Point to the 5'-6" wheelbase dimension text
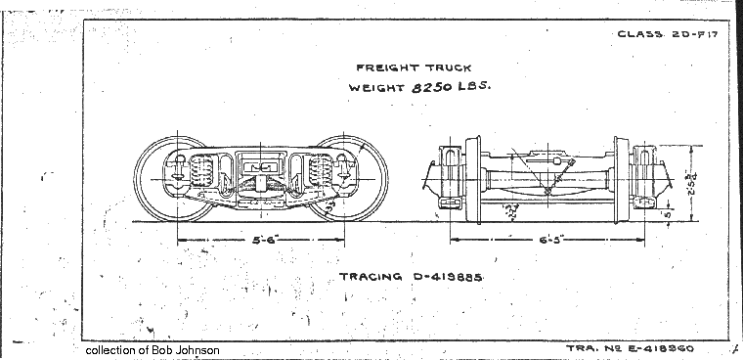point(261,239)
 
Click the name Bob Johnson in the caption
point(188,350)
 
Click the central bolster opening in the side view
point(261,168)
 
